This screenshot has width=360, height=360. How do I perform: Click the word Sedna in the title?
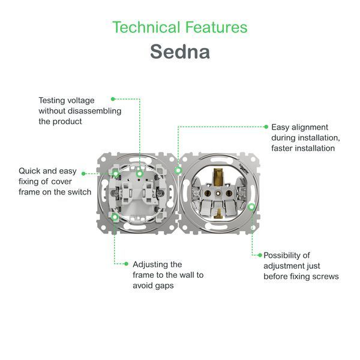(x=180, y=52)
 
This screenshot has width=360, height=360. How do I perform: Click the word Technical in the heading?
(x=146, y=27)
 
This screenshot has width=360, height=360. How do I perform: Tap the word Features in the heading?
(x=216, y=27)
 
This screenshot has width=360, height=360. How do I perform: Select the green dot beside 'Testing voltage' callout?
(x=113, y=99)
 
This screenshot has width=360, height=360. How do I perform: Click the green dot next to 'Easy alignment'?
(x=266, y=127)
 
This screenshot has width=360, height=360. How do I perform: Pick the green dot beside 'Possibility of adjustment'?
(x=260, y=255)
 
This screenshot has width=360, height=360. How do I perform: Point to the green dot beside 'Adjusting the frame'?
(x=126, y=264)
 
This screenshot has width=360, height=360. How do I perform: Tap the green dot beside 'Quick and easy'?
(x=83, y=174)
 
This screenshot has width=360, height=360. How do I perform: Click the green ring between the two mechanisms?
(x=178, y=170)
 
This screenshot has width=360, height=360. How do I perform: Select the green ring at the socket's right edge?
(x=251, y=206)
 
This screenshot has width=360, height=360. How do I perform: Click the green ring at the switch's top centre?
(x=140, y=174)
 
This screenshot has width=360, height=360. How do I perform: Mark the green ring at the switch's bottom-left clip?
(x=115, y=216)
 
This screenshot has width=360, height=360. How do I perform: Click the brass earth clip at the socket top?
(x=218, y=177)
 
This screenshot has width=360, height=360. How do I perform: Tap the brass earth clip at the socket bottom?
(x=218, y=213)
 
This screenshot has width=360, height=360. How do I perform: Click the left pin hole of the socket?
(x=208, y=194)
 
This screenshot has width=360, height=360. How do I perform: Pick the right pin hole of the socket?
(x=229, y=194)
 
